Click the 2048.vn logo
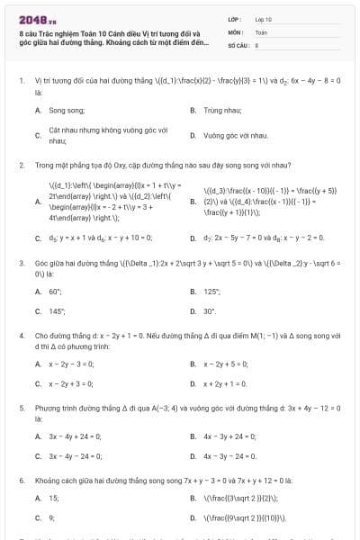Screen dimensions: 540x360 31,18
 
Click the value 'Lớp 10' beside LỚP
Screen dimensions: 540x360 262,18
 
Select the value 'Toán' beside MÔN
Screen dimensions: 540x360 261,31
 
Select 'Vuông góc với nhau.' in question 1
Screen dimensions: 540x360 236,135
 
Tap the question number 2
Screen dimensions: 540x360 21,166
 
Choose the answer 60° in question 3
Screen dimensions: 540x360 55,292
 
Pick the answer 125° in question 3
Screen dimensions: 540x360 212,292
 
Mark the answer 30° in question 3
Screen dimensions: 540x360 210,311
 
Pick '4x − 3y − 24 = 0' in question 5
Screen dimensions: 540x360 230,456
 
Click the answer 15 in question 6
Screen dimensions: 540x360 54,498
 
